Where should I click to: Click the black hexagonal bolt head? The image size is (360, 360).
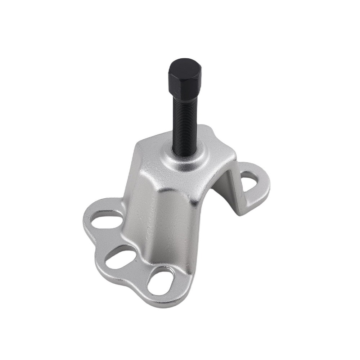click(185, 77)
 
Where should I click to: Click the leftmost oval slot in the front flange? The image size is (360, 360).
click(107, 220)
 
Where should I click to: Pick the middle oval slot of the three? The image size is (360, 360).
click(121, 256)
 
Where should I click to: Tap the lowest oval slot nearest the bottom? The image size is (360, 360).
click(161, 282)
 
